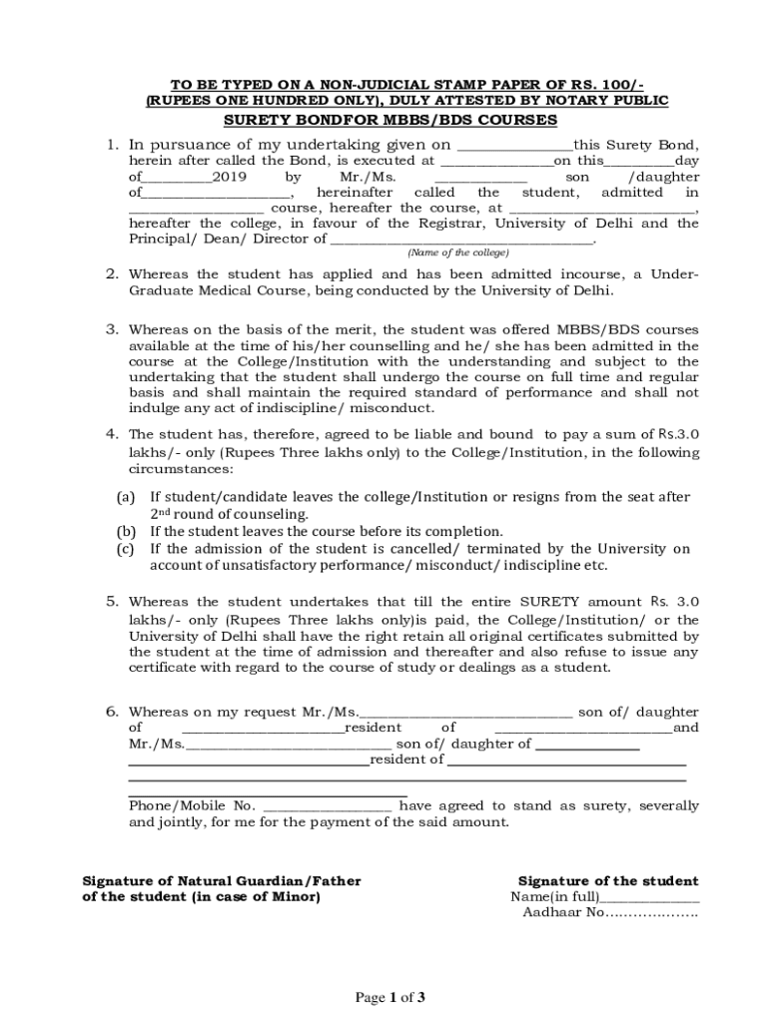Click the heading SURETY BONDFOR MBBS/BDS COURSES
[x=389, y=120]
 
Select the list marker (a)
[x=126, y=497]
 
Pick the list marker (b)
[x=126, y=532]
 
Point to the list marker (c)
[x=126, y=549]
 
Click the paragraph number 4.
[x=113, y=434]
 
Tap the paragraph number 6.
[x=113, y=712]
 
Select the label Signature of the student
[x=608, y=881]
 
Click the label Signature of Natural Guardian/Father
[x=221, y=881]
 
